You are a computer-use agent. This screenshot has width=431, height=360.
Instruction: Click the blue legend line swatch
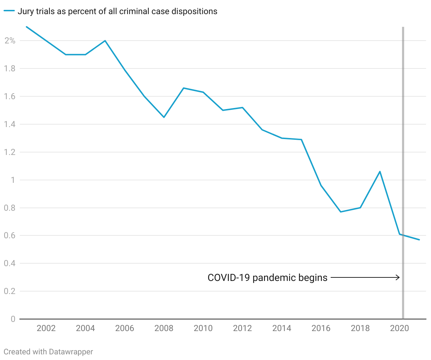click(x=9, y=11)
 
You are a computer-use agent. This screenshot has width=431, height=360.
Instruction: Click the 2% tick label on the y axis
click(x=10, y=41)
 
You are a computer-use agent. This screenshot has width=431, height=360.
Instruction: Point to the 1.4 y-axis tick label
click(x=10, y=124)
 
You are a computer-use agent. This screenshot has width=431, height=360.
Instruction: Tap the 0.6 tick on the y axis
click(x=10, y=235)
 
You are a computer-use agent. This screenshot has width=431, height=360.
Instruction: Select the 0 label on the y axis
click(x=13, y=319)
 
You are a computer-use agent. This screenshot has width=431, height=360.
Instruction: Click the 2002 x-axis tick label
click(x=46, y=329)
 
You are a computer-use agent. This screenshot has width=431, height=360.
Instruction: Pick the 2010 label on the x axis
click(x=203, y=329)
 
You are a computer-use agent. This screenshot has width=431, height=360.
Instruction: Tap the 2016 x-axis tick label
click(x=321, y=329)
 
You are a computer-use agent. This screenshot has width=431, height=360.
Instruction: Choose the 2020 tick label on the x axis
click(x=399, y=329)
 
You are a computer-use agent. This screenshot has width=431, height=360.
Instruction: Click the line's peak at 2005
click(x=105, y=41)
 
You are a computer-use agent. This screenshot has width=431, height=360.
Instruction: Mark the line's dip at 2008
click(x=164, y=117)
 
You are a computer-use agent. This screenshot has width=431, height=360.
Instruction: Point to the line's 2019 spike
click(x=380, y=172)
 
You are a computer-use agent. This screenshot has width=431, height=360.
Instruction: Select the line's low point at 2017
click(x=341, y=212)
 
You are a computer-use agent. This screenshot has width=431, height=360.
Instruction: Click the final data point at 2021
click(x=419, y=240)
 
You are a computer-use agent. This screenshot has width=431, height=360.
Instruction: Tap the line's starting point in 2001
click(x=26, y=27)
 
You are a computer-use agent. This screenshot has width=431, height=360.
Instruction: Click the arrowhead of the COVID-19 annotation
click(x=398, y=277)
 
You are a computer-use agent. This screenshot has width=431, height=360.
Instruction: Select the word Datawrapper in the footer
click(x=71, y=352)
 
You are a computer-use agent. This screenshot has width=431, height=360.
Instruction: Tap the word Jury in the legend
click(x=26, y=11)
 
